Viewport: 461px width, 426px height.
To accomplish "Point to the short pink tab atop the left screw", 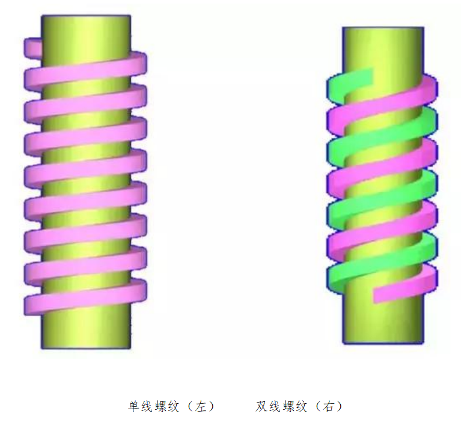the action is tap(32, 48).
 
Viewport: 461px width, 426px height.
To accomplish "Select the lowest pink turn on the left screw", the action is tap(85, 298).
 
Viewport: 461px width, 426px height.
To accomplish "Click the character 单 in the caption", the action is tap(134, 406).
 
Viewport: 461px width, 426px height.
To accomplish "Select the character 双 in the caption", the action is tap(261, 406).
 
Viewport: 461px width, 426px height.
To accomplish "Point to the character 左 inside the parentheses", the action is tap(201, 406).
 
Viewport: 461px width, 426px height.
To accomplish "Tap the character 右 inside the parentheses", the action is tap(328, 406).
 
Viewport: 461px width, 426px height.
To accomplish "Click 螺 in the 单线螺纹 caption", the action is tap(160, 406).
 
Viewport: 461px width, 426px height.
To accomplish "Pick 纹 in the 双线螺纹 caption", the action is tap(300, 406).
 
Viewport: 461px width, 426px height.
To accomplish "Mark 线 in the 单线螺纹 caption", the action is tap(147, 406).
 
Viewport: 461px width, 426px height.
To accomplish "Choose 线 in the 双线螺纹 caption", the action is tap(274, 406).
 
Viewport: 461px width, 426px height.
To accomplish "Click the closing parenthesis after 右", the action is tap(340, 406).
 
